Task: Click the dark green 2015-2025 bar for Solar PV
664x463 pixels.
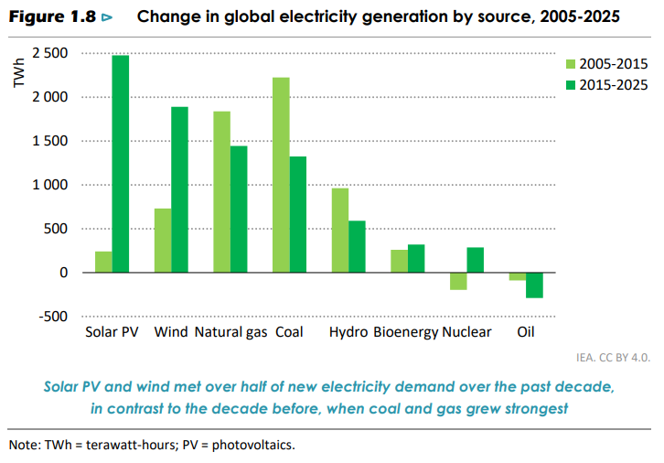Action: (121, 164)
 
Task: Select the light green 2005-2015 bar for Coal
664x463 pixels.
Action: (281, 175)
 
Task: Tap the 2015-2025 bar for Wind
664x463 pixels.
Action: (179, 189)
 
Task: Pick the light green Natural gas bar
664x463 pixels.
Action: (222, 192)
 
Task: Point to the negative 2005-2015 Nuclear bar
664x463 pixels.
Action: (458, 281)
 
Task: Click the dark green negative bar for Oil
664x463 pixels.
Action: (534, 285)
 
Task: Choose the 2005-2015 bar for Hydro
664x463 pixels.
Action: (340, 231)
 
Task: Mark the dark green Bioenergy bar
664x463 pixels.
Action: (416, 258)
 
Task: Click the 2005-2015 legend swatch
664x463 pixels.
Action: (571, 64)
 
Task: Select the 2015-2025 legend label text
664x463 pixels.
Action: (614, 85)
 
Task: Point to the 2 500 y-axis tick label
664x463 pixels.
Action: (50, 53)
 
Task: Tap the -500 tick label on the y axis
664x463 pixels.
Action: (53, 317)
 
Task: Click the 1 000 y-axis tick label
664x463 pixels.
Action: (50, 185)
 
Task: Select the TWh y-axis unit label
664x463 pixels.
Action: (19, 73)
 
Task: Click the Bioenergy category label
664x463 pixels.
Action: (406, 332)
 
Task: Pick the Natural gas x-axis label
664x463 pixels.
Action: (230, 332)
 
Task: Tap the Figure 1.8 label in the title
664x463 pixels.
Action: (52, 17)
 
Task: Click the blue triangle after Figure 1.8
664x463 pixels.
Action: (107, 17)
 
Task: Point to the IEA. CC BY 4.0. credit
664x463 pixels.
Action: (613, 358)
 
